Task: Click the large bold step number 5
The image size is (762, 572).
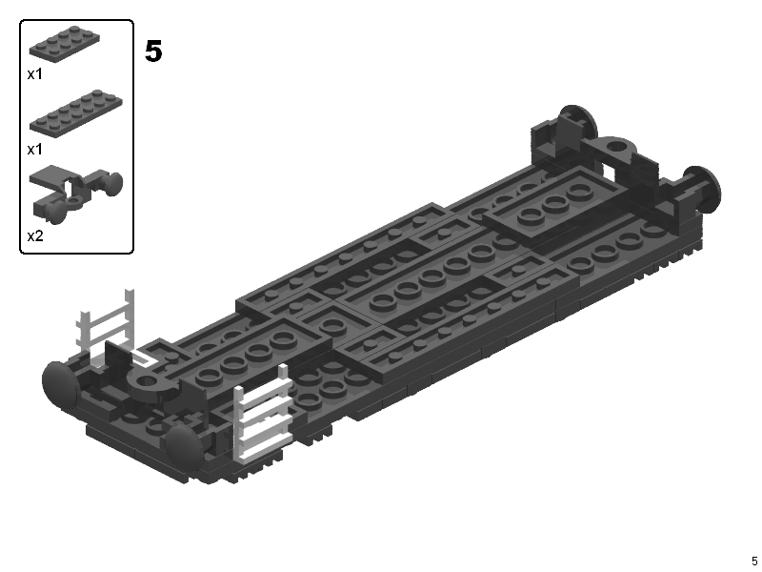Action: click(153, 51)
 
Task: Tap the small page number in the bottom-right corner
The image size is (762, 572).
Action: click(754, 561)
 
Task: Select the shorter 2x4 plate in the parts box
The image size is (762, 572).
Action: click(64, 43)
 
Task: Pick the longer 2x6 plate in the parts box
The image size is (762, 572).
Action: click(76, 113)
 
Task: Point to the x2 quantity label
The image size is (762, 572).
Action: click(35, 235)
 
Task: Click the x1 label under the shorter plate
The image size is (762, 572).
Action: click(35, 74)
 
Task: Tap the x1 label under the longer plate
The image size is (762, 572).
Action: click(35, 149)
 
